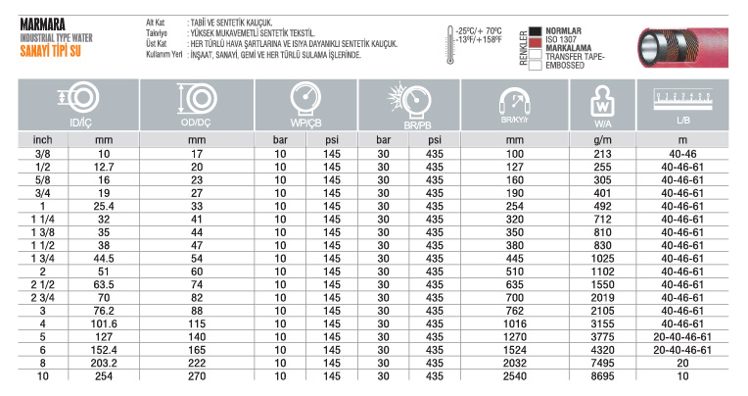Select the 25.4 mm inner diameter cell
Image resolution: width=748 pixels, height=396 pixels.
point(104,206)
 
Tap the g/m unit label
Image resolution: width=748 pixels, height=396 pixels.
point(604,140)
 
